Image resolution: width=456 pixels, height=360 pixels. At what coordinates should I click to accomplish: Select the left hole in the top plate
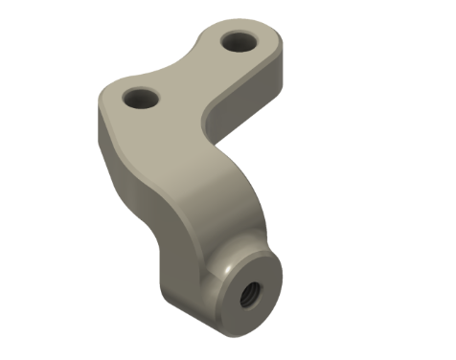point(141,98)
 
